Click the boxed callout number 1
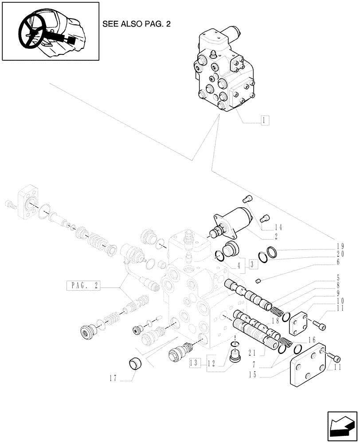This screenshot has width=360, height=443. [264, 120]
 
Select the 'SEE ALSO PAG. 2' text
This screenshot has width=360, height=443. [136, 24]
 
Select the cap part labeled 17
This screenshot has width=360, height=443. [135, 364]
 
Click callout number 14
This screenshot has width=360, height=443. [278, 227]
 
